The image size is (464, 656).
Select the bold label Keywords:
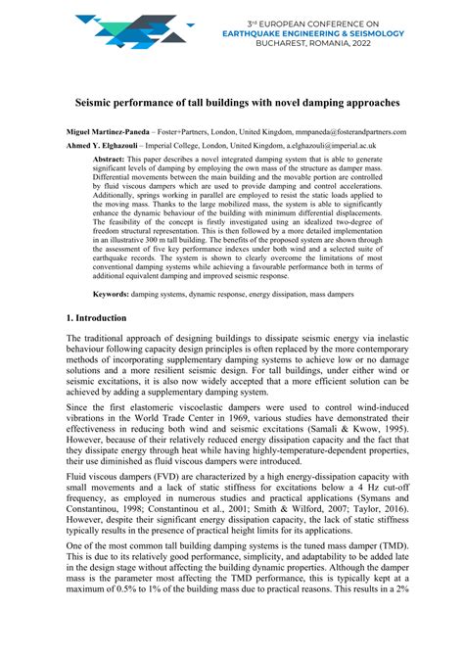tap(115, 294)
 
